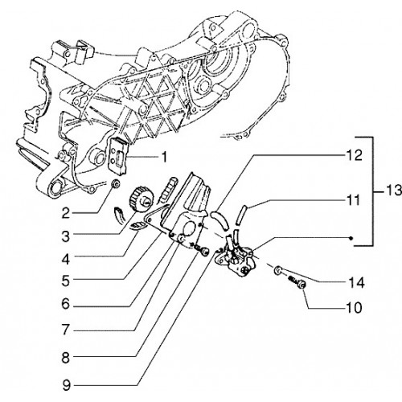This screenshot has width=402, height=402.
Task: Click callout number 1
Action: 165,157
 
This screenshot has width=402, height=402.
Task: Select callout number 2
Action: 66,213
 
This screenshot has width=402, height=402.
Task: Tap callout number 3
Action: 66,236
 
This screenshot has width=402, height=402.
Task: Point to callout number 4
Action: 66,259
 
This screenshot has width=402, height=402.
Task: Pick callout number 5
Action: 66,281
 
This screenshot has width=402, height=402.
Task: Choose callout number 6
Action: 66,304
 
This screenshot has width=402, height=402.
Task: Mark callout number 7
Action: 66,330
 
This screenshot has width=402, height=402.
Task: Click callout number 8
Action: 66,358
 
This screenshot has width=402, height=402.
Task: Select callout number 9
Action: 66,385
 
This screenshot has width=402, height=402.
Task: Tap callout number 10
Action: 355,308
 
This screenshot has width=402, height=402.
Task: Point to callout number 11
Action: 353,200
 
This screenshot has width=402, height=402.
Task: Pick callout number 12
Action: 355,155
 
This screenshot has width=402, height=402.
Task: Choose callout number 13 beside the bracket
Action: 393,191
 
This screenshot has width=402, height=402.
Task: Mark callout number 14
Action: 356,283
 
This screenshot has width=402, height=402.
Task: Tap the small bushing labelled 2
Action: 116,184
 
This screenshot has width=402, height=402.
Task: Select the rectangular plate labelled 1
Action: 118,156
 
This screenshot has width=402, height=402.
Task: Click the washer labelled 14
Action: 277,270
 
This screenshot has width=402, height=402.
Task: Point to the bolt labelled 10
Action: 298,283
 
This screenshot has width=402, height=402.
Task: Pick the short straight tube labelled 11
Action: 240,215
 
